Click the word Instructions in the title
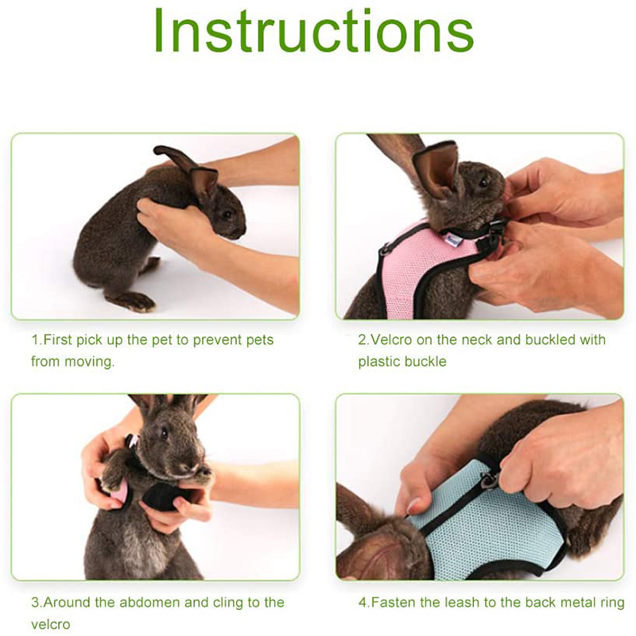click(x=313, y=30)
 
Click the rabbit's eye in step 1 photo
click(x=227, y=214)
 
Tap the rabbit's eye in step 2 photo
click(x=483, y=182)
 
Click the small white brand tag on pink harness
click(x=451, y=238)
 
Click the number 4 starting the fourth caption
click(x=363, y=603)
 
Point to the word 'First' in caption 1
click(x=57, y=339)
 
